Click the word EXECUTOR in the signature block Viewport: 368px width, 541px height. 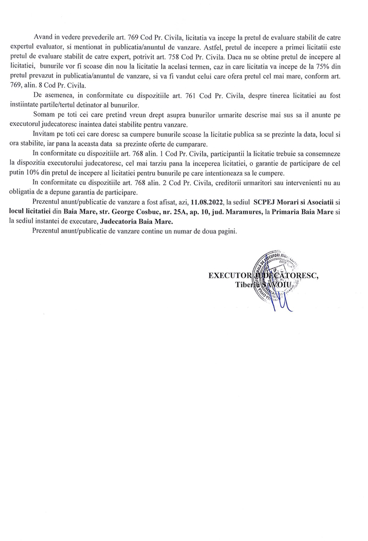coord(231,276)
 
